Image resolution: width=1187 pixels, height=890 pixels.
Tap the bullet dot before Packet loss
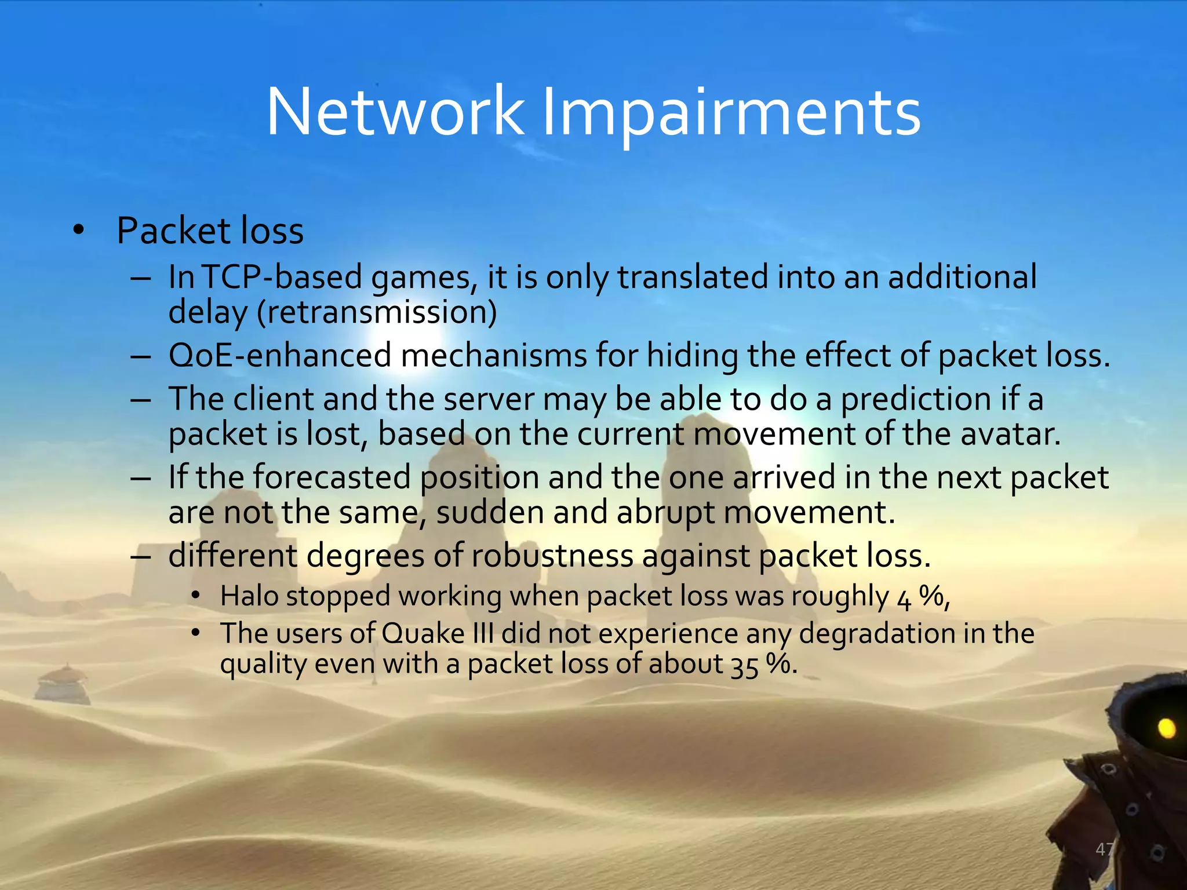(78, 231)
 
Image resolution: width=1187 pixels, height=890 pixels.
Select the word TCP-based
(282, 277)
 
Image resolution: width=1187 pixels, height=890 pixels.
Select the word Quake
(423, 633)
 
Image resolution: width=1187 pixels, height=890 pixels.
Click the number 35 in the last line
(744, 666)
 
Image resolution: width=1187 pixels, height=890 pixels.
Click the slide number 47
(1105, 849)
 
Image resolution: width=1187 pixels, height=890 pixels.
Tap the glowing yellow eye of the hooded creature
(1166, 728)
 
